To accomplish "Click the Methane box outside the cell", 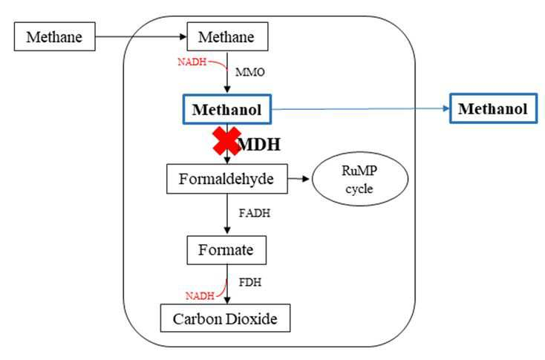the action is point(54,36).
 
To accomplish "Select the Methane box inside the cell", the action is point(227,36).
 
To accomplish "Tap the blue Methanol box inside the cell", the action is point(227,109).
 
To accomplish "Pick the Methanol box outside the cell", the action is point(493,108).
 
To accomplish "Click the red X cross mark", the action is point(227,141).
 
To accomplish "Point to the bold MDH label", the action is point(259,144).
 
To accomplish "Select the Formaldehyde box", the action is point(227,179).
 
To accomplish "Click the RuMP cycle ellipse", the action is point(359,179).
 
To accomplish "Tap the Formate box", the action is point(226,250).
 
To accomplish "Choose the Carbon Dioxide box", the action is point(225,318).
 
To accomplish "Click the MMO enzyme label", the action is point(250,72).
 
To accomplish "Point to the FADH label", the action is point(255,213).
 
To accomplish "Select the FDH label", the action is point(250,282).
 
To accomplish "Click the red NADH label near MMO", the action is point(192,62).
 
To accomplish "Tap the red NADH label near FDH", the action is point(200,295).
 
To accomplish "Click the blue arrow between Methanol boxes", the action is point(360,109).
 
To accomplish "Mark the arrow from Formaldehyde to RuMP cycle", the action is point(298,179).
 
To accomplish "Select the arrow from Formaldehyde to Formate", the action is point(227,213).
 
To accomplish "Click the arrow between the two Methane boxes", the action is point(141,36).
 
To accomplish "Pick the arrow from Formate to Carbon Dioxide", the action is point(227,284).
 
